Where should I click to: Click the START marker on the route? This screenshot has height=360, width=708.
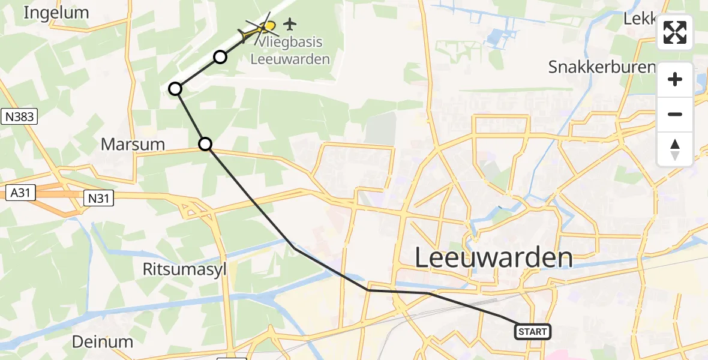pyautogui.click(x=532, y=331)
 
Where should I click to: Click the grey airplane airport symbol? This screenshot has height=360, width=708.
pyautogui.click(x=290, y=24)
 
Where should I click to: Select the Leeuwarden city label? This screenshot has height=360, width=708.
pyautogui.click(x=494, y=258)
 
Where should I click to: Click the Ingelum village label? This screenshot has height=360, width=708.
pyautogui.click(x=56, y=13)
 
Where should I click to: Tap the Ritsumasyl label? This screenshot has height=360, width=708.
pyautogui.click(x=185, y=269)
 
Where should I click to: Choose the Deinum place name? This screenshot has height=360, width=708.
pyautogui.click(x=103, y=342)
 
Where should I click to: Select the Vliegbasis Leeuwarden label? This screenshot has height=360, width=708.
pyautogui.click(x=290, y=51)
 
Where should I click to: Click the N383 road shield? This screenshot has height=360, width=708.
pyautogui.click(x=19, y=116)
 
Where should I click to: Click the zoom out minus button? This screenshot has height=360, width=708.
pyautogui.click(x=675, y=114)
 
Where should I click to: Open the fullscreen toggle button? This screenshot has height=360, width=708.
pyautogui.click(x=675, y=32)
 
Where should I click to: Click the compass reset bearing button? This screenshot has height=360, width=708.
pyautogui.click(x=675, y=149)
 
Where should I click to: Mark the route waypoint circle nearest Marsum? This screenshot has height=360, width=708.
pyautogui.click(x=205, y=143)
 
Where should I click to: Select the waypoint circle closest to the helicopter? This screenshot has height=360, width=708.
pyautogui.click(x=220, y=57)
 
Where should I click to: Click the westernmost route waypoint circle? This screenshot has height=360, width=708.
pyautogui.click(x=175, y=89)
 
